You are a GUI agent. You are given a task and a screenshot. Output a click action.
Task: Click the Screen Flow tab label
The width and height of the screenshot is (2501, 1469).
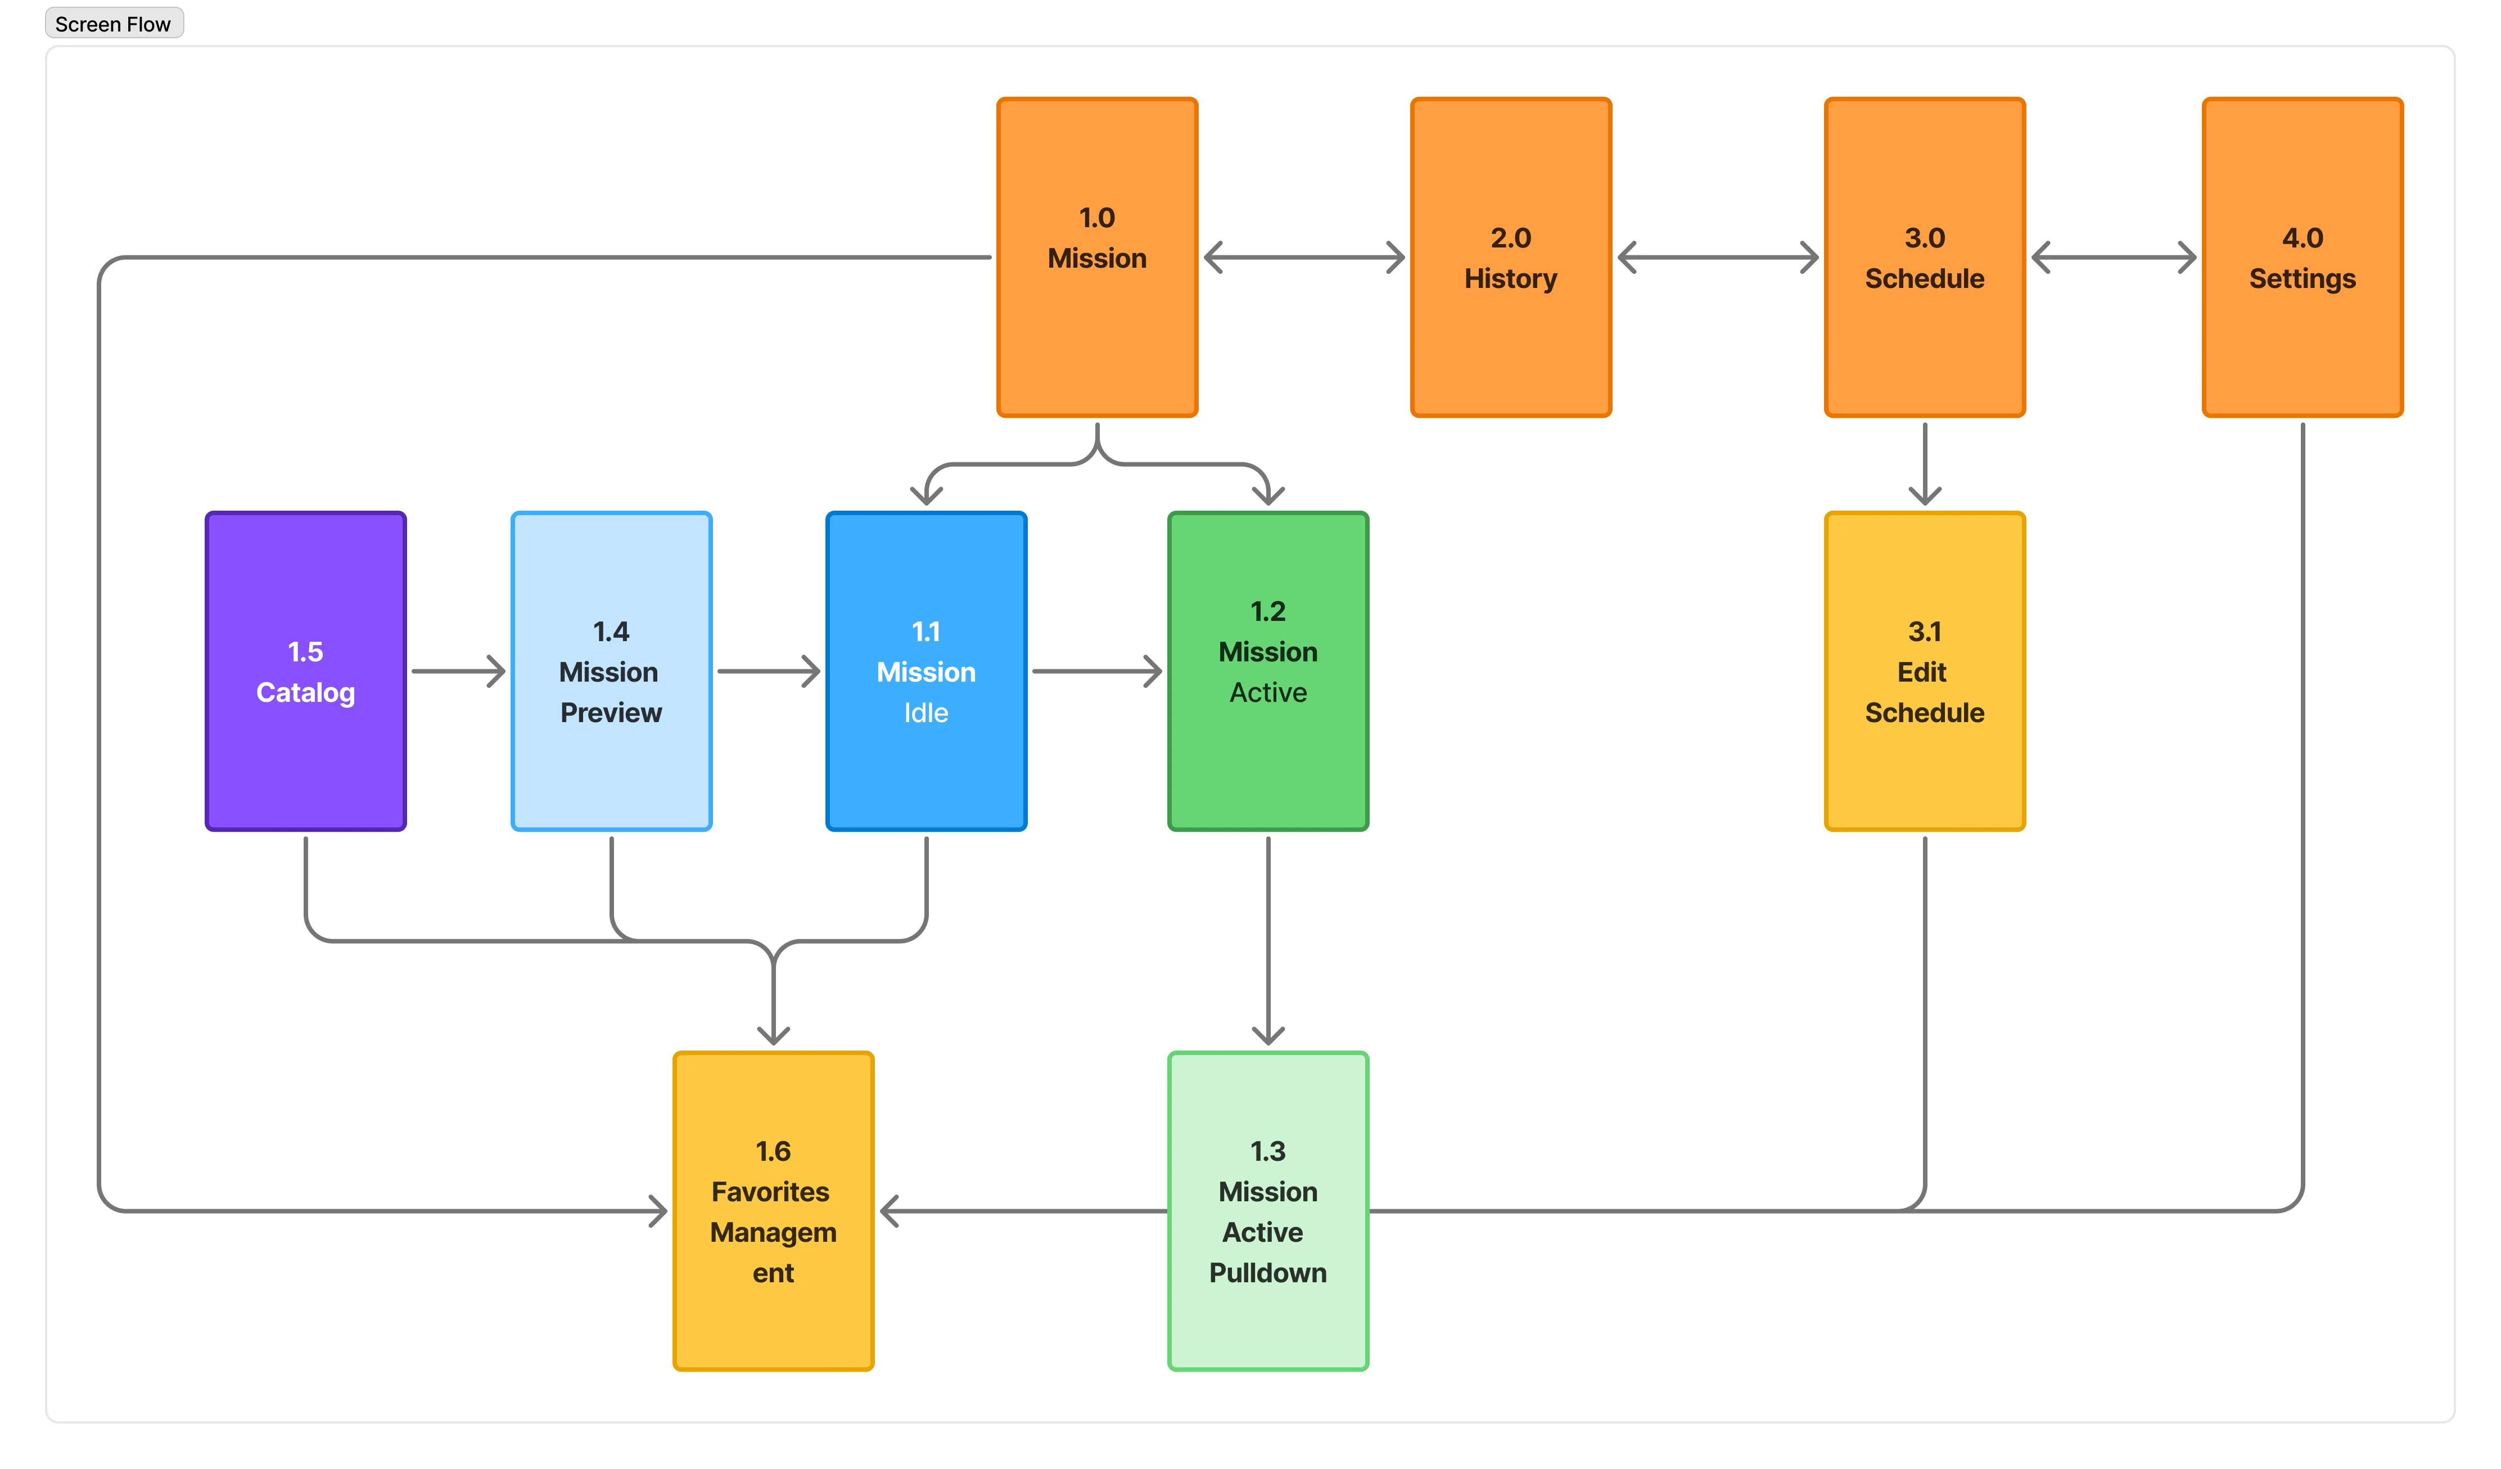coord(113,24)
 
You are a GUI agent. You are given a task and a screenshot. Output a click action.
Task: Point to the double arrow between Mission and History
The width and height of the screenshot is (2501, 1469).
coord(1304,257)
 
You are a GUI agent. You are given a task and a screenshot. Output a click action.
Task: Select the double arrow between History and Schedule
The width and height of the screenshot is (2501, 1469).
coord(1718,257)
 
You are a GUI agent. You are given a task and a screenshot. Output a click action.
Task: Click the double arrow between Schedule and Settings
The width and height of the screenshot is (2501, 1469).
coord(2114,257)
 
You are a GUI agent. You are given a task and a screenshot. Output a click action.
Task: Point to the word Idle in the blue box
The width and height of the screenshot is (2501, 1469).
coord(926,713)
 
